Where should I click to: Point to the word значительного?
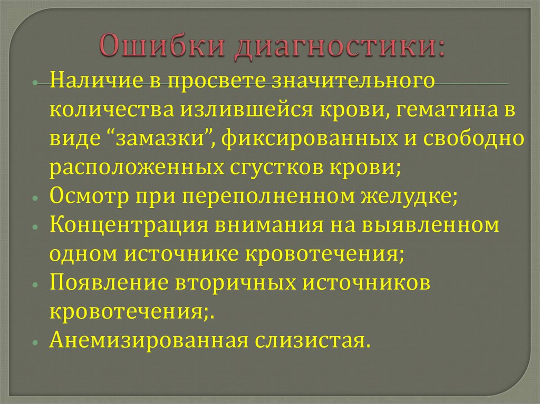coord(353,81)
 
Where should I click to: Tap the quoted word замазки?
coord(163,139)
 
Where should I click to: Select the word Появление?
coord(109,283)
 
